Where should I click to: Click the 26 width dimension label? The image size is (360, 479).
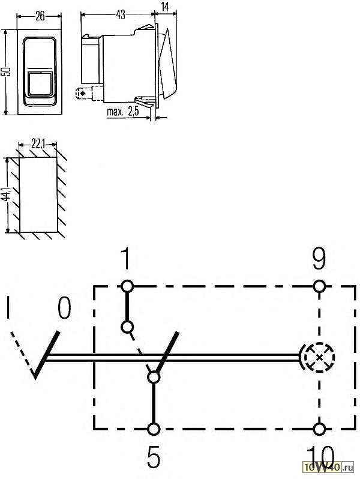[x=40, y=16]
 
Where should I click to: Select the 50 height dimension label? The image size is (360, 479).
[x=7, y=71]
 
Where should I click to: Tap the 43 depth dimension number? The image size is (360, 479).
[x=121, y=14]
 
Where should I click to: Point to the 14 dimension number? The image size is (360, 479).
[x=165, y=7]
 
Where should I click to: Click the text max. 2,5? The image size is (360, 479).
[x=123, y=112]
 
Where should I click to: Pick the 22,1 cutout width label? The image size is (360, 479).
[x=38, y=143]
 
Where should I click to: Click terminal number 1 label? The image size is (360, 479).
[x=125, y=259]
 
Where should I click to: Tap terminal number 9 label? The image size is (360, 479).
[x=319, y=259]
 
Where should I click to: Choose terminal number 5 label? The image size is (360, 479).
[x=153, y=457]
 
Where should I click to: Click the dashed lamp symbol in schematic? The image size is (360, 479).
[x=319, y=357]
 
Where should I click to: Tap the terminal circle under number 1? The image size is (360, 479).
[x=127, y=286]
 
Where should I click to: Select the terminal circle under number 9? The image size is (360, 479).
[x=319, y=286]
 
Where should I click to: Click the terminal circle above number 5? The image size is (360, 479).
[x=153, y=429]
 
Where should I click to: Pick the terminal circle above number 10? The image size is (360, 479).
[x=319, y=429]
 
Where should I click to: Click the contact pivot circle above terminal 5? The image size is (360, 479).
[x=153, y=378]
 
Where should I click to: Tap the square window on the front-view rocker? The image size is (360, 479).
[x=40, y=83]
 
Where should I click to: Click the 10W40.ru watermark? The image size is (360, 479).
[x=328, y=467]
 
